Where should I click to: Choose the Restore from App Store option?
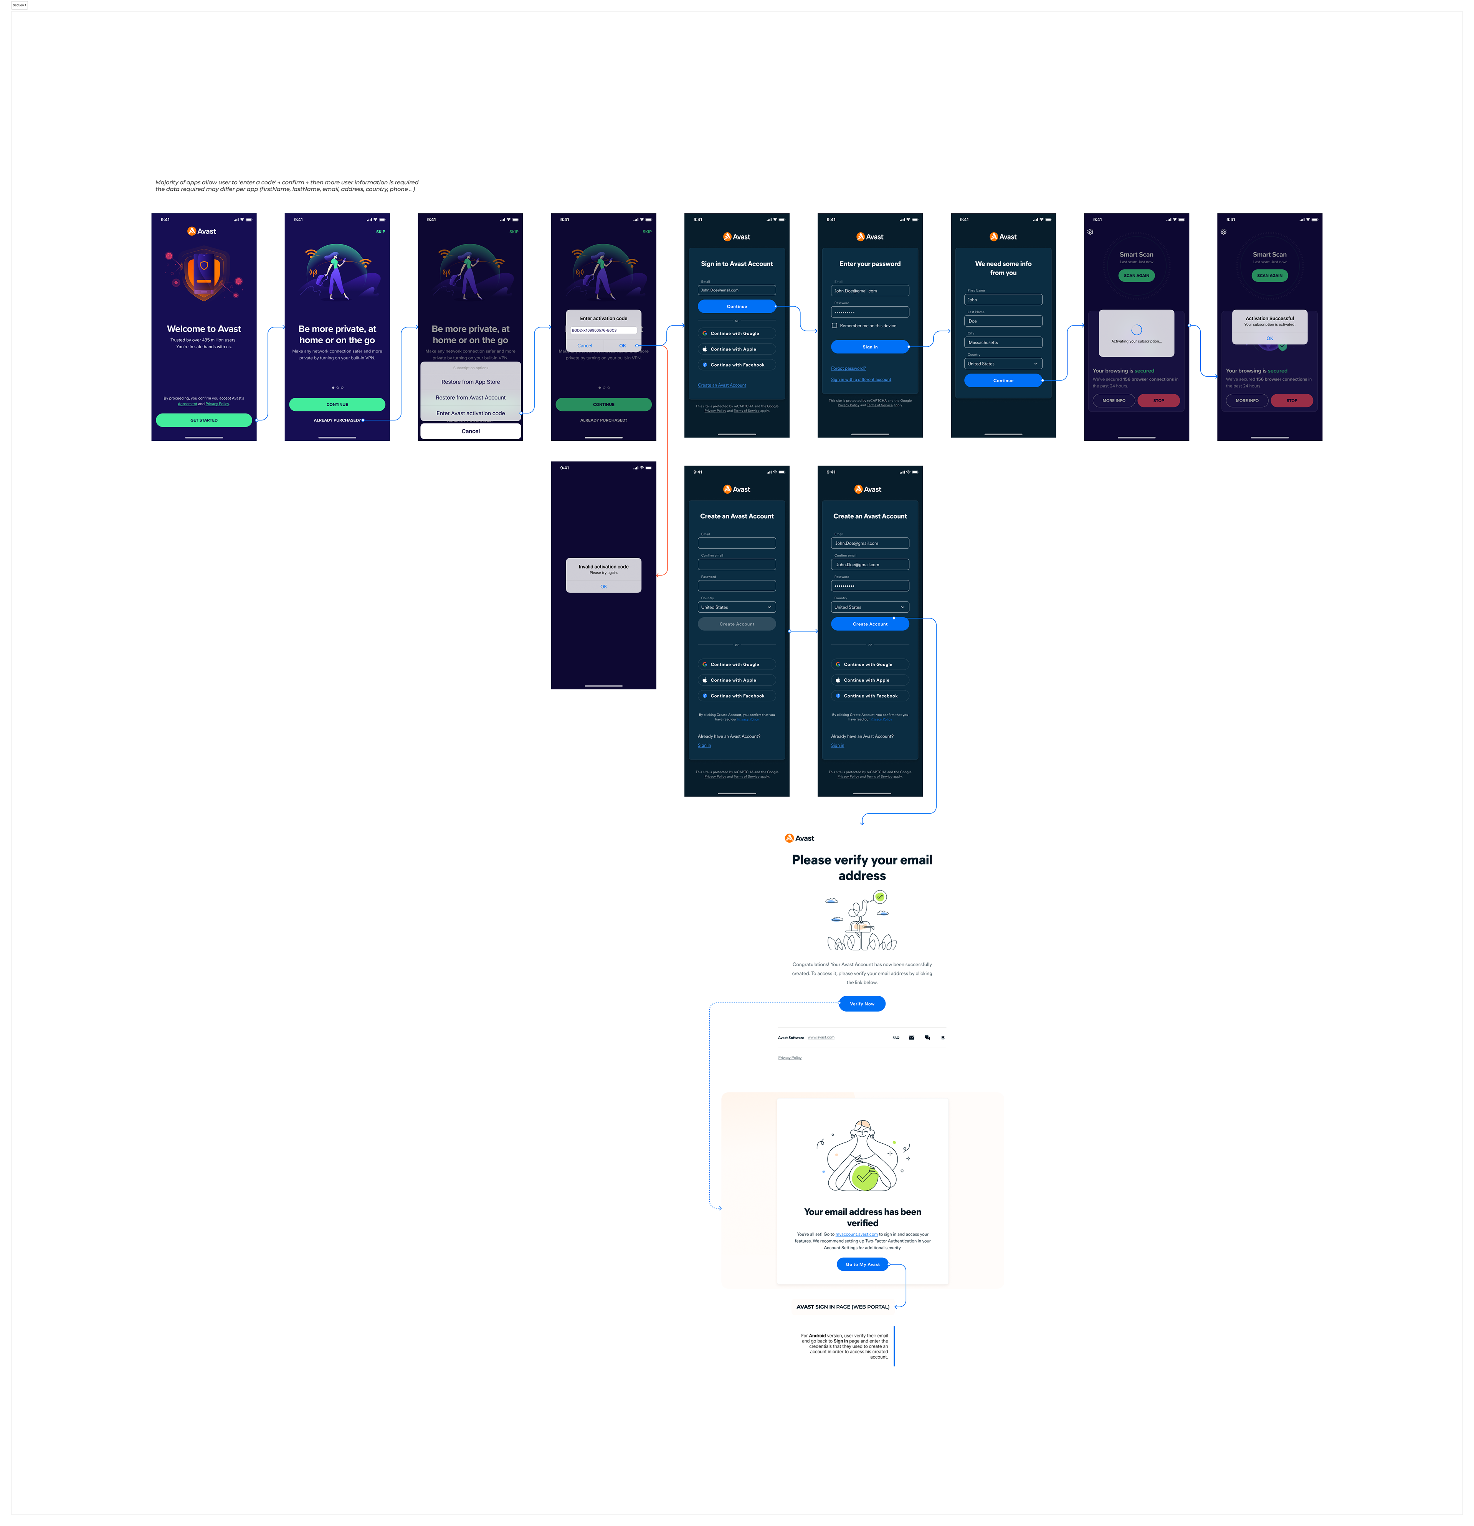(470, 382)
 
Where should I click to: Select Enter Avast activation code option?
(470, 413)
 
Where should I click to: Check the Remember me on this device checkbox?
(835, 326)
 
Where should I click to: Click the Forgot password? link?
(848, 368)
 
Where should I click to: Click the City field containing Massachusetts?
(1003, 342)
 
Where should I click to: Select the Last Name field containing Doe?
(1003, 321)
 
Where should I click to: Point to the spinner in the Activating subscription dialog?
(1136, 329)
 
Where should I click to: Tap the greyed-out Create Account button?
(737, 623)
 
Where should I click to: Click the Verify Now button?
(862, 1004)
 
